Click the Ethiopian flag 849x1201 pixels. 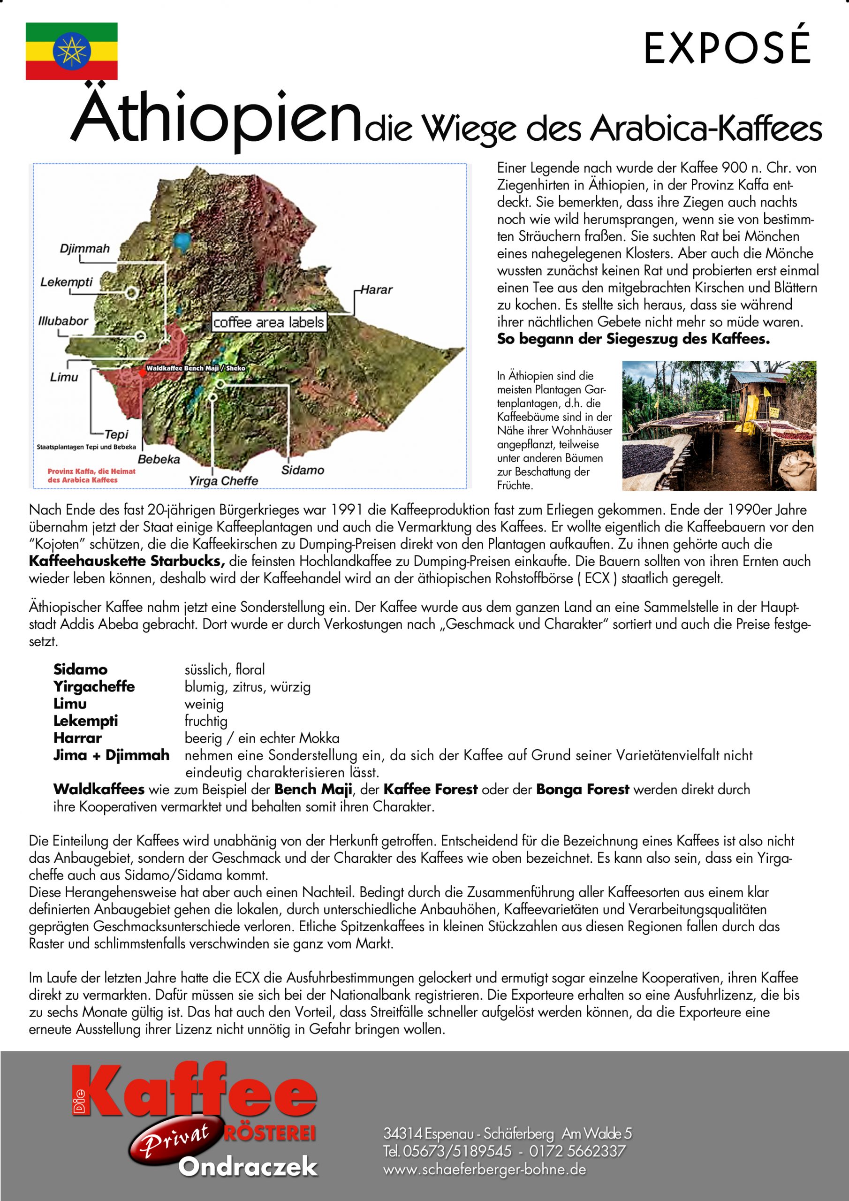[x=72, y=51]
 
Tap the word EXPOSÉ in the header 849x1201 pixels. [x=727, y=48]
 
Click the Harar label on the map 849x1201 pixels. [x=377, y=290]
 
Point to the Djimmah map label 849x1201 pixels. [x=85, y=249]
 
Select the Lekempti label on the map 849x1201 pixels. [x=67, y=282]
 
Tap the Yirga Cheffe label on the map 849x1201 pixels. [x=223, y=480]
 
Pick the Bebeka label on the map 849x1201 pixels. [x=159, y=459]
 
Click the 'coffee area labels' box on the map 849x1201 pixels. [x=268, y=322]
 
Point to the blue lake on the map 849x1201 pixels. [x=182, y=241]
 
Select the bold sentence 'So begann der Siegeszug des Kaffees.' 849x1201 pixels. [x=633, y=339]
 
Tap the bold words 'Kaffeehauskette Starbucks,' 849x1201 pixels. [x=127, y=561]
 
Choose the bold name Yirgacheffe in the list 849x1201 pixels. [x=94, y=686]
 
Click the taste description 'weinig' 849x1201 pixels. [x=204, y=704]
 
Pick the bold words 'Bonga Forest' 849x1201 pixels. [x=582, y=790]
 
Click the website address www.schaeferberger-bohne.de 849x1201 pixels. [x=485, y=1169]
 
